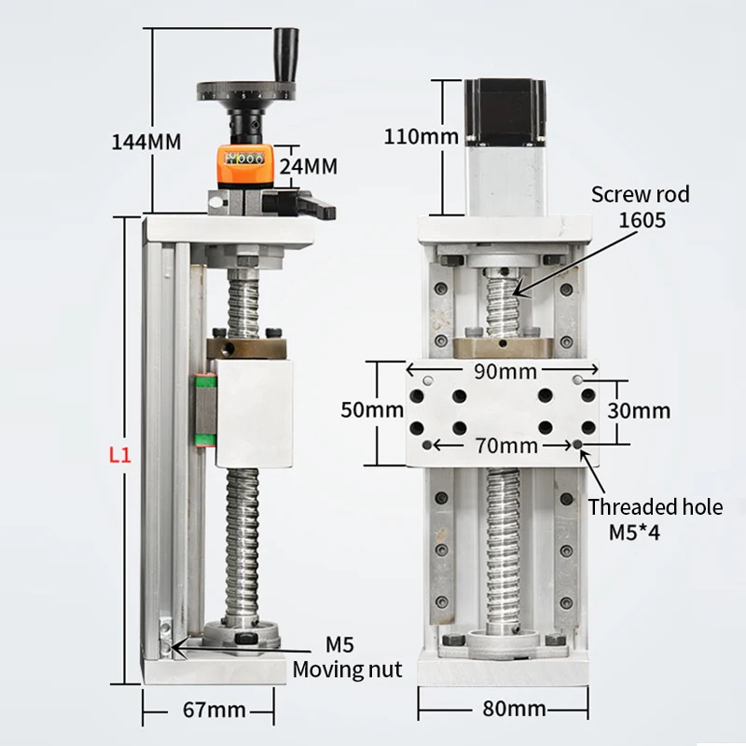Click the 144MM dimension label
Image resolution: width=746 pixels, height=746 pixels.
pyautogui.click(x=145, y=143)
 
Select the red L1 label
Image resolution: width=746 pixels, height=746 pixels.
pyautogui.click(x=119, y=456)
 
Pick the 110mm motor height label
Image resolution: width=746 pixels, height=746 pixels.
pyautogui.click(x=421, y=137)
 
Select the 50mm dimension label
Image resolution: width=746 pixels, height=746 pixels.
pyautogui.click(x=372, y=409)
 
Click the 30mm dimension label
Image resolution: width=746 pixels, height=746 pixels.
pyautogui.click(x=639, y=410)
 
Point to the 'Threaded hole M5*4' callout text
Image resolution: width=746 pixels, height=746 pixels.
pyautogui.click(x=655, y=519)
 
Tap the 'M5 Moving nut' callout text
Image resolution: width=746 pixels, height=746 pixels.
pyautogui.click(x=347, y=657)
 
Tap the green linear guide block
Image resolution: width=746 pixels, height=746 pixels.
pyautogui.click(x=204, y=410)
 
